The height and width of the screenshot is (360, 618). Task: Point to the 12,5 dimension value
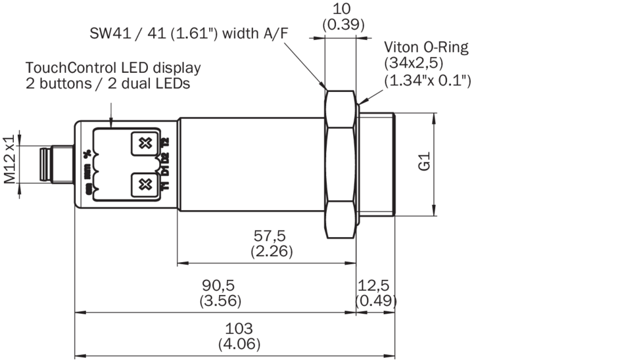[375, 285]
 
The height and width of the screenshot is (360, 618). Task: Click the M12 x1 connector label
[9, 160]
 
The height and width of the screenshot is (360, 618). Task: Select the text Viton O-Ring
[427, 47]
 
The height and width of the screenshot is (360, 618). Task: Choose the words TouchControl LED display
[113, 68]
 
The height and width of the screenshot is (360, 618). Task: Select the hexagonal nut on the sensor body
[341, 164]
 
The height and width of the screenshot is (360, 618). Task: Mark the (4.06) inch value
[238, 344]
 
